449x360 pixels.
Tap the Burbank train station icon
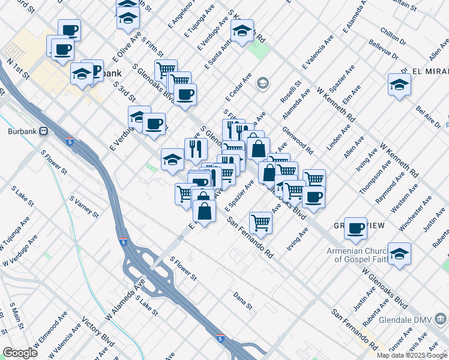(44, 131)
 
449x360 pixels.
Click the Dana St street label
(243, 301)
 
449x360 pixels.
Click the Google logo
(20, 353)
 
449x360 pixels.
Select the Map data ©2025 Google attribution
(412, 355)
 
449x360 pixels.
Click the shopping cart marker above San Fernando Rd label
(261, 223)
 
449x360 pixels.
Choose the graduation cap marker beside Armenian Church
(399, 253)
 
